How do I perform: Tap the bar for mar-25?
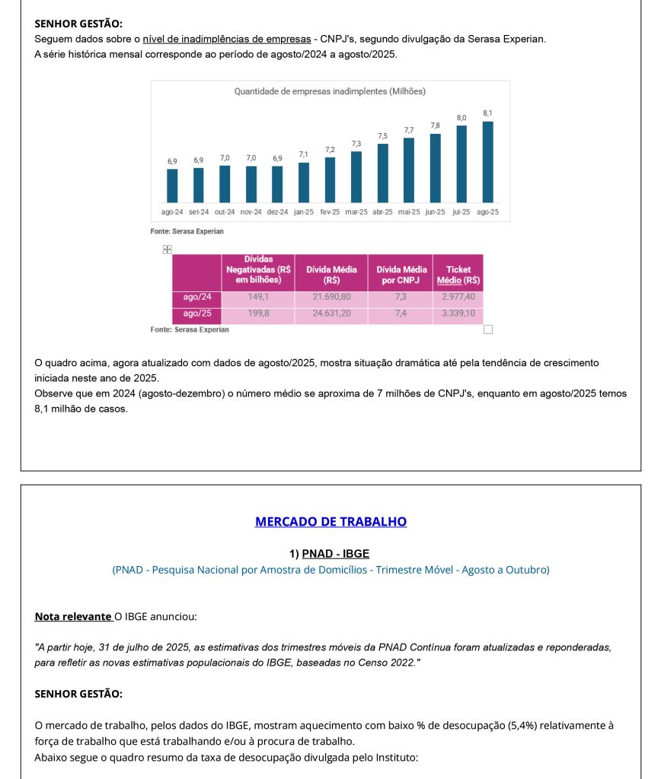coord(356,176)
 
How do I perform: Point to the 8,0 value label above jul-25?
coord(461,118)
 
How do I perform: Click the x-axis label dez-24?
coord(277,212)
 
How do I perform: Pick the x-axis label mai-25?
coord(409,212)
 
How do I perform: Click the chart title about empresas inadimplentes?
coord(330,91)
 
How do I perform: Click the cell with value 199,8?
coord(259,313)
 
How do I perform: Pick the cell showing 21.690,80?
coord(331,297)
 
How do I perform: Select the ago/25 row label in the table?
coord(197,313)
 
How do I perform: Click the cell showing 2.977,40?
coord(458,297)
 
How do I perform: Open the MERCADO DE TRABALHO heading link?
coord(330,522)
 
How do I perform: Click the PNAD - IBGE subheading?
coord(335,554)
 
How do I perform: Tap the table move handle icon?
coord(168,250)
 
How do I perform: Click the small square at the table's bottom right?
coord(488,329)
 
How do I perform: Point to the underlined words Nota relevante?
coord(73,616)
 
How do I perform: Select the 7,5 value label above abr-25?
coord(382,135)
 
